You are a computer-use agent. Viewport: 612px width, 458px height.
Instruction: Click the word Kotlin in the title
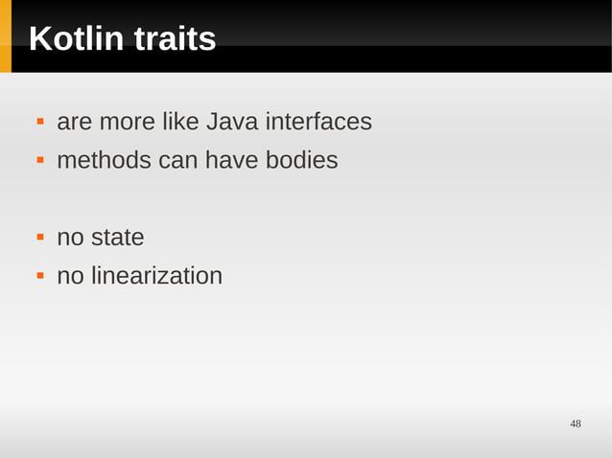77,39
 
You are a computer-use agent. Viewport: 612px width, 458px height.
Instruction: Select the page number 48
576,424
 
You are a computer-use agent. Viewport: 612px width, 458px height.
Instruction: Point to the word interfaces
318,123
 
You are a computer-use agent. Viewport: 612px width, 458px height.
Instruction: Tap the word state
118,237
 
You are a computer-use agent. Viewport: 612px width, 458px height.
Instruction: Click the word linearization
156,276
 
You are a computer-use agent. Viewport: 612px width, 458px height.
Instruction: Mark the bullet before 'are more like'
40,123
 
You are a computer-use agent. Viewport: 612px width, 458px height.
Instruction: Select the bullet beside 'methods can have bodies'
40,160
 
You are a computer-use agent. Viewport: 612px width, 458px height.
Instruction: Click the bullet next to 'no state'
40,237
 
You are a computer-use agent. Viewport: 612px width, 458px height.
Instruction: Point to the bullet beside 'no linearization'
40,276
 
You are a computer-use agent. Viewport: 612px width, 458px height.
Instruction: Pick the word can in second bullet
177,160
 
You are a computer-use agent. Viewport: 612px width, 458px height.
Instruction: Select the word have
230,160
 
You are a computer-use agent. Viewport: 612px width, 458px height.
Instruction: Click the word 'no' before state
70,237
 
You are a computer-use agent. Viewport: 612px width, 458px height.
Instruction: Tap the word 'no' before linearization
70,276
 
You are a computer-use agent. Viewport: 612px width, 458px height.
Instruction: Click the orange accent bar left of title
6,36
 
